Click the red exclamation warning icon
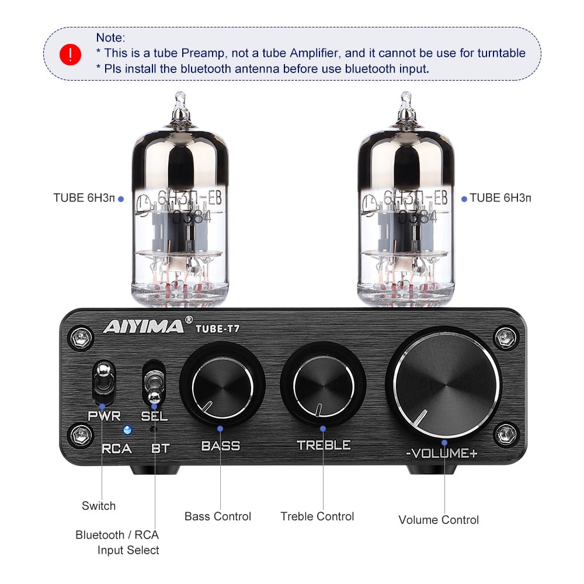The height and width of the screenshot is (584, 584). (x=71, y=54)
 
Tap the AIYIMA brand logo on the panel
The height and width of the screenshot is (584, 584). (x=144, y=326)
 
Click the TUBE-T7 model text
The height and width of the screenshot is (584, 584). (x=217, y=328)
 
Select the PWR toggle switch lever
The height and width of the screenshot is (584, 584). (x=103, y=378)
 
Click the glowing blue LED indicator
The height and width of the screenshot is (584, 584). (x=127, y=430)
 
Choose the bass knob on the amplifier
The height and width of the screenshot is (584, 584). (x=223, y=386)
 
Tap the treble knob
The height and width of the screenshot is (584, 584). (x=324, y=385)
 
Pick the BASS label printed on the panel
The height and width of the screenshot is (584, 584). (x=221, y=446)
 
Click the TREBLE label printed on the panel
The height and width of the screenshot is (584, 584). (x=324, y=445)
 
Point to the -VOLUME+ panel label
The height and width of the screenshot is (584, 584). (x=442, y=453)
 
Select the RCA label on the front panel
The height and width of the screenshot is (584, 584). (x=117, y=449)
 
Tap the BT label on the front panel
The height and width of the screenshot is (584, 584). (x=161, y=449)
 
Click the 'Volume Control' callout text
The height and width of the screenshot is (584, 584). (x=439, y=520)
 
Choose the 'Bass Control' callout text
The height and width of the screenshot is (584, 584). (x=217, y=516)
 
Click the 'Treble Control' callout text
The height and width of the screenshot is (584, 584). (x=317, y=516)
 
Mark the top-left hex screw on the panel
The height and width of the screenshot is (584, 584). (x=81, y=338)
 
